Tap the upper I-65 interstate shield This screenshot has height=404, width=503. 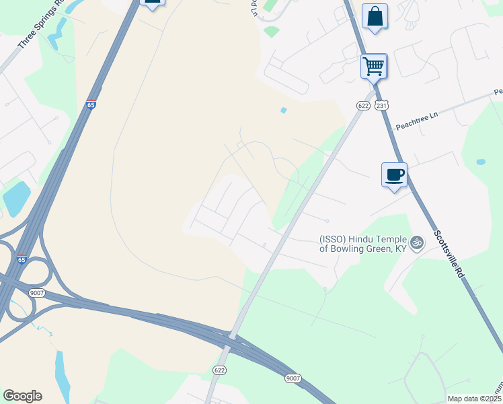pos(91,104)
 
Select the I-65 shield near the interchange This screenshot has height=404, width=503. pos(22,259)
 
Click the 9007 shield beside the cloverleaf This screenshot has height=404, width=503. pos(36,292)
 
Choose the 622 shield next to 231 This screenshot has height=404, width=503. pos(363,105)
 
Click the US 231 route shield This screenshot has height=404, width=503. pos(381,105)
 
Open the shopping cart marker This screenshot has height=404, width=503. pos(373,67)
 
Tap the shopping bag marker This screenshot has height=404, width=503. pos(375,16)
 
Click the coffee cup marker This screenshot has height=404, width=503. pos(394,175)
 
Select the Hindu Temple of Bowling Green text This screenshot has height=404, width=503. pos(363,243)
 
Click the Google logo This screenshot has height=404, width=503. pos(22,396)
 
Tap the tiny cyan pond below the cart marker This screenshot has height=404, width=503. pos(284,110)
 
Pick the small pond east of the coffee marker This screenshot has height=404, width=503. pos(480,162)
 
